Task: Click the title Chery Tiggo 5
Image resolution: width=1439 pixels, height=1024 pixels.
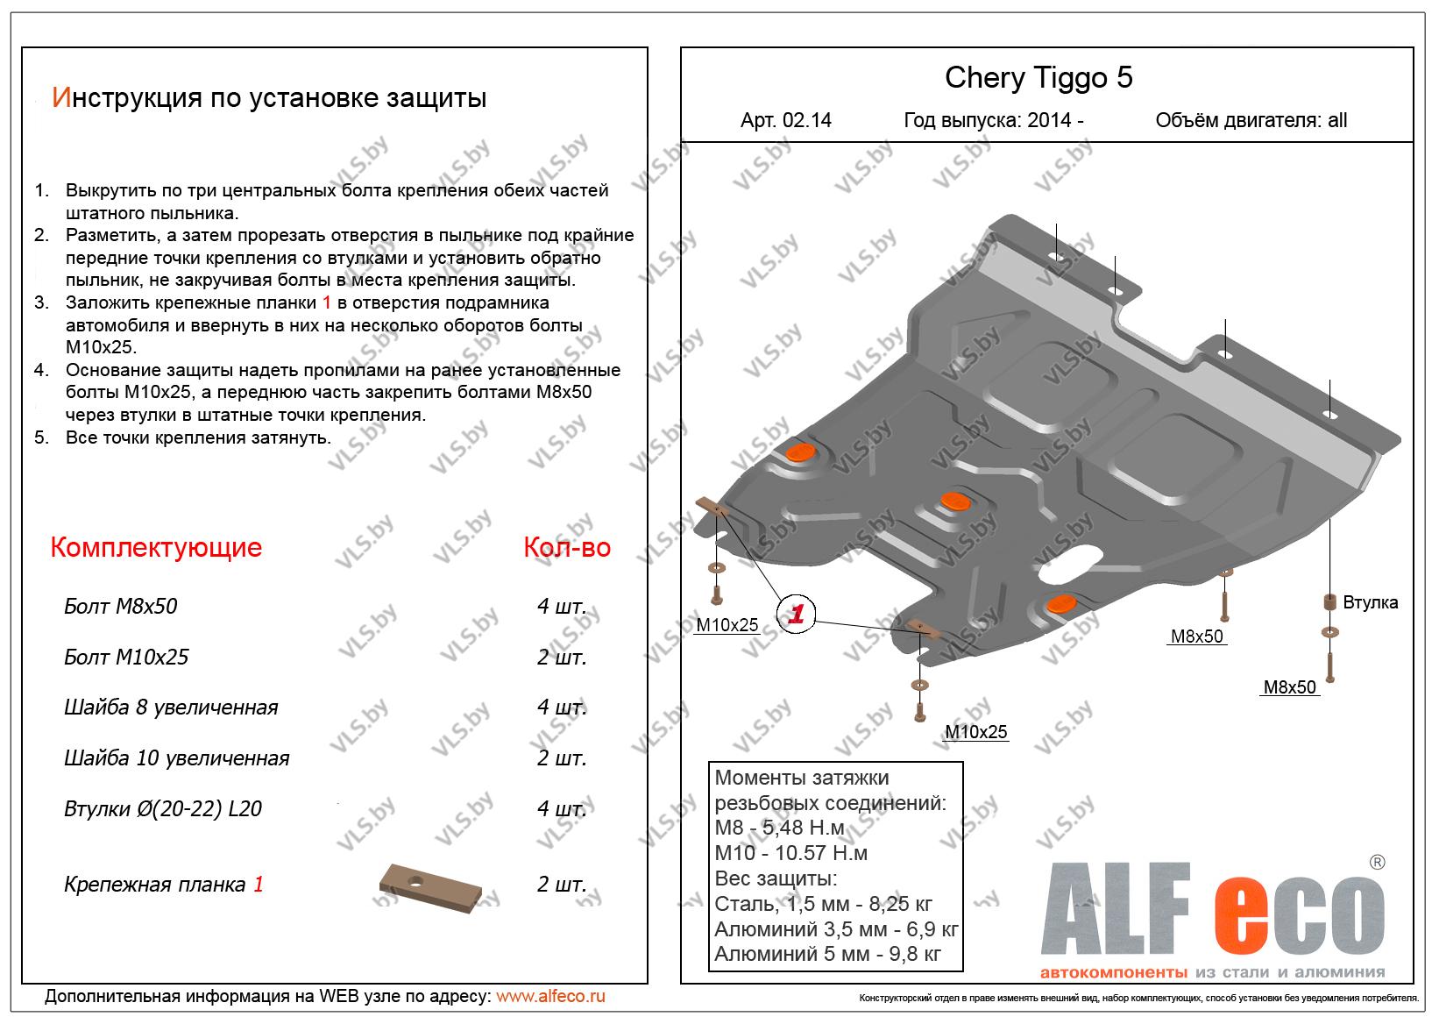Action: pyautogui.click(x=1038, y=78)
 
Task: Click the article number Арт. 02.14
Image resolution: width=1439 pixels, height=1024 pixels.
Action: pyautogui.click(x=786, y=120)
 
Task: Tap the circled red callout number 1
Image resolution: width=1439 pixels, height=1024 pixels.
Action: pyautogui.click(x=796, y=614)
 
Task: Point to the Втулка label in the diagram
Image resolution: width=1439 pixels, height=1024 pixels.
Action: pyautogui.click(x=1370, y=602)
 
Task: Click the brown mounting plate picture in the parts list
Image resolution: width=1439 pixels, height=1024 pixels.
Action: pyautogui.click(x=429, y=888)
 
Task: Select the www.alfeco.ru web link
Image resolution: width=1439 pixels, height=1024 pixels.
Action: pyautogui.click(x=550, y=996)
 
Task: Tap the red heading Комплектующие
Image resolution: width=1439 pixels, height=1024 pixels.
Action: pyautogui.click(x=156, y=547)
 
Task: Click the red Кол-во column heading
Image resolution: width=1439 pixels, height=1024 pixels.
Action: pyautogui.click(x=567, y=547)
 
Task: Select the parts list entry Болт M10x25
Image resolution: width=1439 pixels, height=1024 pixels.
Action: pyautogui.click(x=126, y=657)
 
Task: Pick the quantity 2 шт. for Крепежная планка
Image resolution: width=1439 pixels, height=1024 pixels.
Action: pyautogui.click(x=562, y=885)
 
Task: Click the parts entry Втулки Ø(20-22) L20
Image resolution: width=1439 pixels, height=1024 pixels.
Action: pyautogui.click(x=162, y=808)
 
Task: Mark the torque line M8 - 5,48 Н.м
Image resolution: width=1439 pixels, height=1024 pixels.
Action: pyautogui.click(x=779, y=828)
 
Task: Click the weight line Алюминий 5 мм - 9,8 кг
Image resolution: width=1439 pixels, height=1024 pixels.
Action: pyautogui.click(x=827, y=954)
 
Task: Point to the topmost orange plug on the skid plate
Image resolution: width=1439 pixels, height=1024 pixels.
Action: pyautogui.click(x=801, y=452)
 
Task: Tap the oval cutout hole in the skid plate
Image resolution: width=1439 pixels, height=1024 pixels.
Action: pyautogui.click(x=1070, y=565)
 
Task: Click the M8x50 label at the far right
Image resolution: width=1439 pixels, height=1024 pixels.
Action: pyautogui.click(x=1289, y=687)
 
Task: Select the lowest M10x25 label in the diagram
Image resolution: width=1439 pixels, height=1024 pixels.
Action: pyautogui.click(x=975, y=731)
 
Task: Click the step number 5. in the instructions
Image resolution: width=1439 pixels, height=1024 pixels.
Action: pyautogui.click(x=42, y=437)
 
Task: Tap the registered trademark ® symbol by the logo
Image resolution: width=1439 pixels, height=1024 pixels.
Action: pyautogui.click(x=1378, y=862)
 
